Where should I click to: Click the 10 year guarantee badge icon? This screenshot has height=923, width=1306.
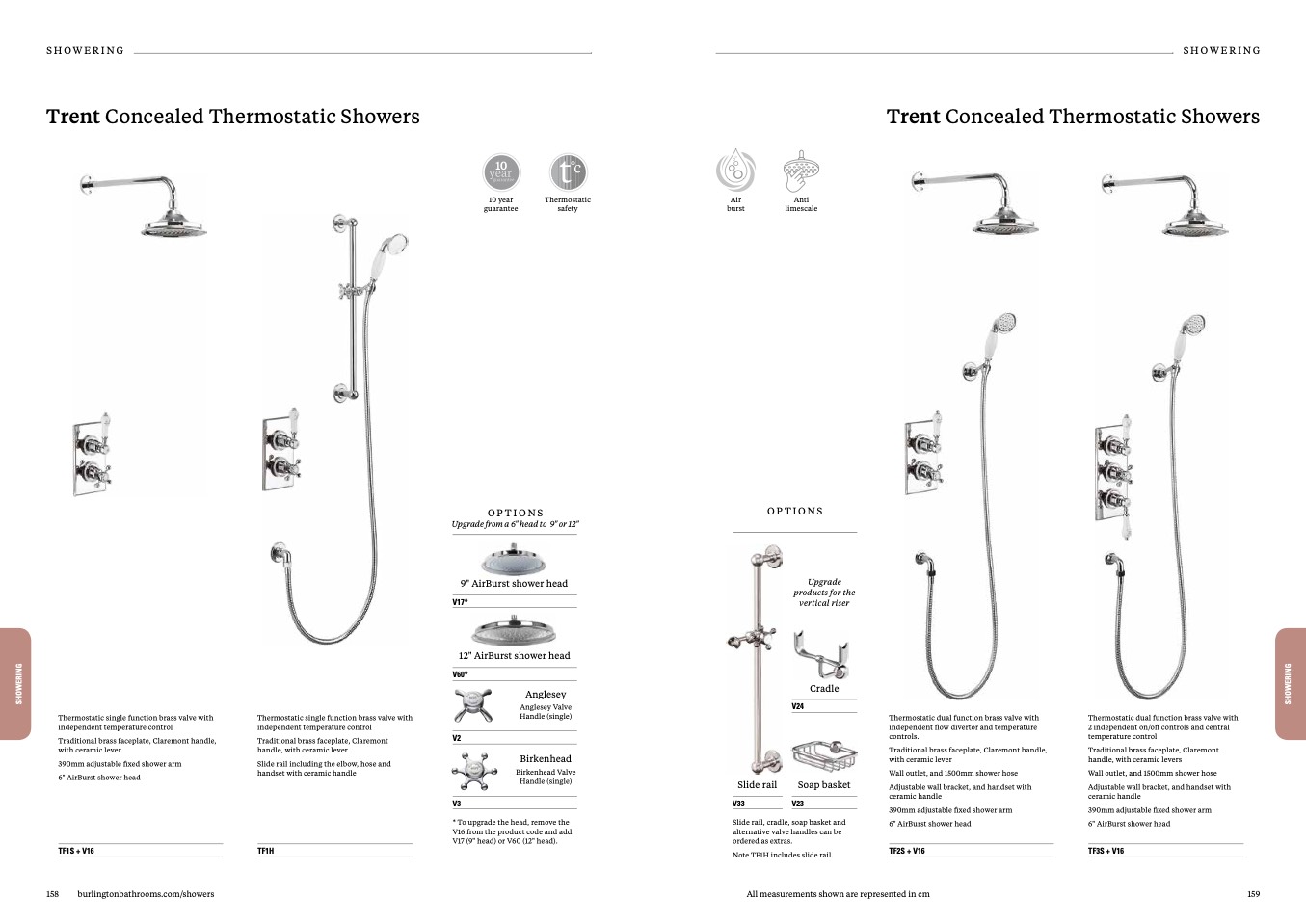point(501,173)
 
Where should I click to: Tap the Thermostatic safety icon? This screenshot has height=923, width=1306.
point(568,172)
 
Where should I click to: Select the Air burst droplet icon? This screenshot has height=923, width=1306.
point(735,171)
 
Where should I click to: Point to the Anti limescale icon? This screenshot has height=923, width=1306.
point(801,171)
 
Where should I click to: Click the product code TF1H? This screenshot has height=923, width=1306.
point(266,851)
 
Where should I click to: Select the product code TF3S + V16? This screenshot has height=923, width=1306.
point(1106,851)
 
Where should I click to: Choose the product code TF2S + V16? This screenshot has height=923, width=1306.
point(906,851)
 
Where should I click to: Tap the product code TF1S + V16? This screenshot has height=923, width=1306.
point(76,851)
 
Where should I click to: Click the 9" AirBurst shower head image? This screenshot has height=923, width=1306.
point(515,560)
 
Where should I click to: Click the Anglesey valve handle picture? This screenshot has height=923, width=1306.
point(473,705)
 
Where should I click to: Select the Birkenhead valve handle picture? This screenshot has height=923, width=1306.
point(474,771)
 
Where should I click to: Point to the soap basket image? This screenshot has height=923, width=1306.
point(824,755)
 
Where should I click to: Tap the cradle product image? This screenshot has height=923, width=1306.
point(820,655)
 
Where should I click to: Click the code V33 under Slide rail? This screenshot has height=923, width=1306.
point(738,804)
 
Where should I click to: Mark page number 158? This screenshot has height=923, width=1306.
point(52,894)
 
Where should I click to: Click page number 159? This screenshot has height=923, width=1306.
point(1253,894)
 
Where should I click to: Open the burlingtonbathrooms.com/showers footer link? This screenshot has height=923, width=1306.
point(146,894)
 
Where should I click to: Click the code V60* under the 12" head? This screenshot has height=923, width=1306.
point(461,674)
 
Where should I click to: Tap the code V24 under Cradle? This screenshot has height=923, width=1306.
point(798,706)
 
